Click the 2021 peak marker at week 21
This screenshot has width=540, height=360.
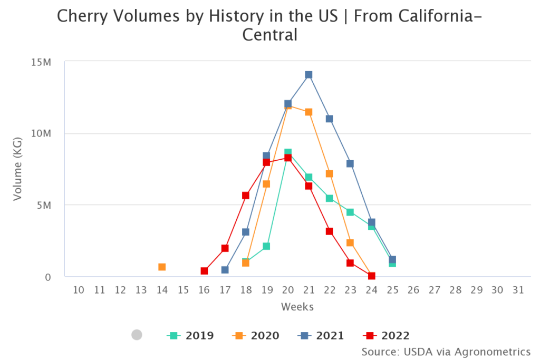click(x=308, y=75)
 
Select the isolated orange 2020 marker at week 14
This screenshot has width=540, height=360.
click(x=162, y=267)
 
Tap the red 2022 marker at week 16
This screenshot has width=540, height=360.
click(x=204, y=271)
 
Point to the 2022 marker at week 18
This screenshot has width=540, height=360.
click(x=246, y=196)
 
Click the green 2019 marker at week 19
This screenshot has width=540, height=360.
click(x=266, y=246)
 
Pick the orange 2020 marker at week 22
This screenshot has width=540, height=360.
click(x=329, y=173)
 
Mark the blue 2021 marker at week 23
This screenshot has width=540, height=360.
click(x=350, y=163)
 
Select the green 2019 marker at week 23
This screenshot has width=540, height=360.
click(x=350, y=212)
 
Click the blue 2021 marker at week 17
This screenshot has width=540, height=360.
click(x=225, y=270)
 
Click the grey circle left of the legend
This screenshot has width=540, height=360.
click(x=137, y=335)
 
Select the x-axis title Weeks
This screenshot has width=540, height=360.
click(x=297, y=307)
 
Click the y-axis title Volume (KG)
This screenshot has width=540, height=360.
click(x=18, y=169)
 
